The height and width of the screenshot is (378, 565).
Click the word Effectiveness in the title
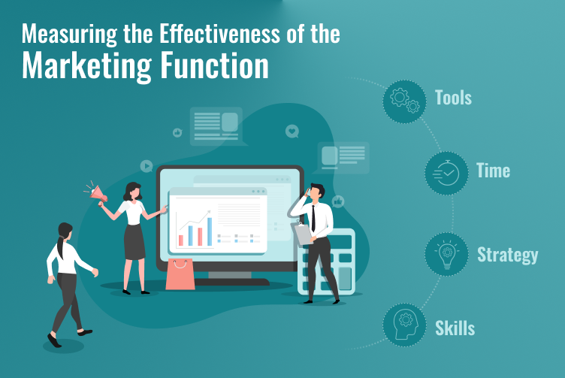tap(219, 34)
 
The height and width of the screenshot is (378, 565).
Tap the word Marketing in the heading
tap(86, 65)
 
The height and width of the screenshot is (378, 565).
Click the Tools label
tap(453, 98)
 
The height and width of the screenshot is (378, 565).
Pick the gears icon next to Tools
tap(405, 101)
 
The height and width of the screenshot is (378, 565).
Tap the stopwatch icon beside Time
tap(447, 173)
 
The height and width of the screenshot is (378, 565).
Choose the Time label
tap(494, 171)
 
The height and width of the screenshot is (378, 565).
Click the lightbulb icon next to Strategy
tap(447, 254)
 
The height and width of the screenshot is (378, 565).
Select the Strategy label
tap(508, 256)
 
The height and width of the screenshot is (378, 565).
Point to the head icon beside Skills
tap(405, 325)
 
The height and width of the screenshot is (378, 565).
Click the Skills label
tap(455, 328)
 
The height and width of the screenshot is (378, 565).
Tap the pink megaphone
tap(98, 194)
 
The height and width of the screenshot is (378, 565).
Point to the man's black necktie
tap(313, 219)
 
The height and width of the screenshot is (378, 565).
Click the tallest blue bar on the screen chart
tap(210, 231)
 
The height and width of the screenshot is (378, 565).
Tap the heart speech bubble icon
tap(292, 132)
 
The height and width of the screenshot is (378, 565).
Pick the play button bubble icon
tap(147, 166)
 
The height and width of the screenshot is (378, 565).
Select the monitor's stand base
tap(231, 282)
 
